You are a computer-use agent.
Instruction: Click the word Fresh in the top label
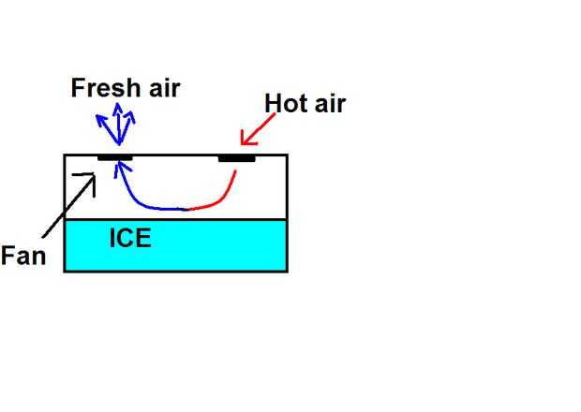coord(106,88)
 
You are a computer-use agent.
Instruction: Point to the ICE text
coord(130,237)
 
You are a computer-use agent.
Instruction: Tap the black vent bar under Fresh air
coord(114,157)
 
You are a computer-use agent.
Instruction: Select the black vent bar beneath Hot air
coord(236,158)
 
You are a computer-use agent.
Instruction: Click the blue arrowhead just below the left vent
coord(118,169)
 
